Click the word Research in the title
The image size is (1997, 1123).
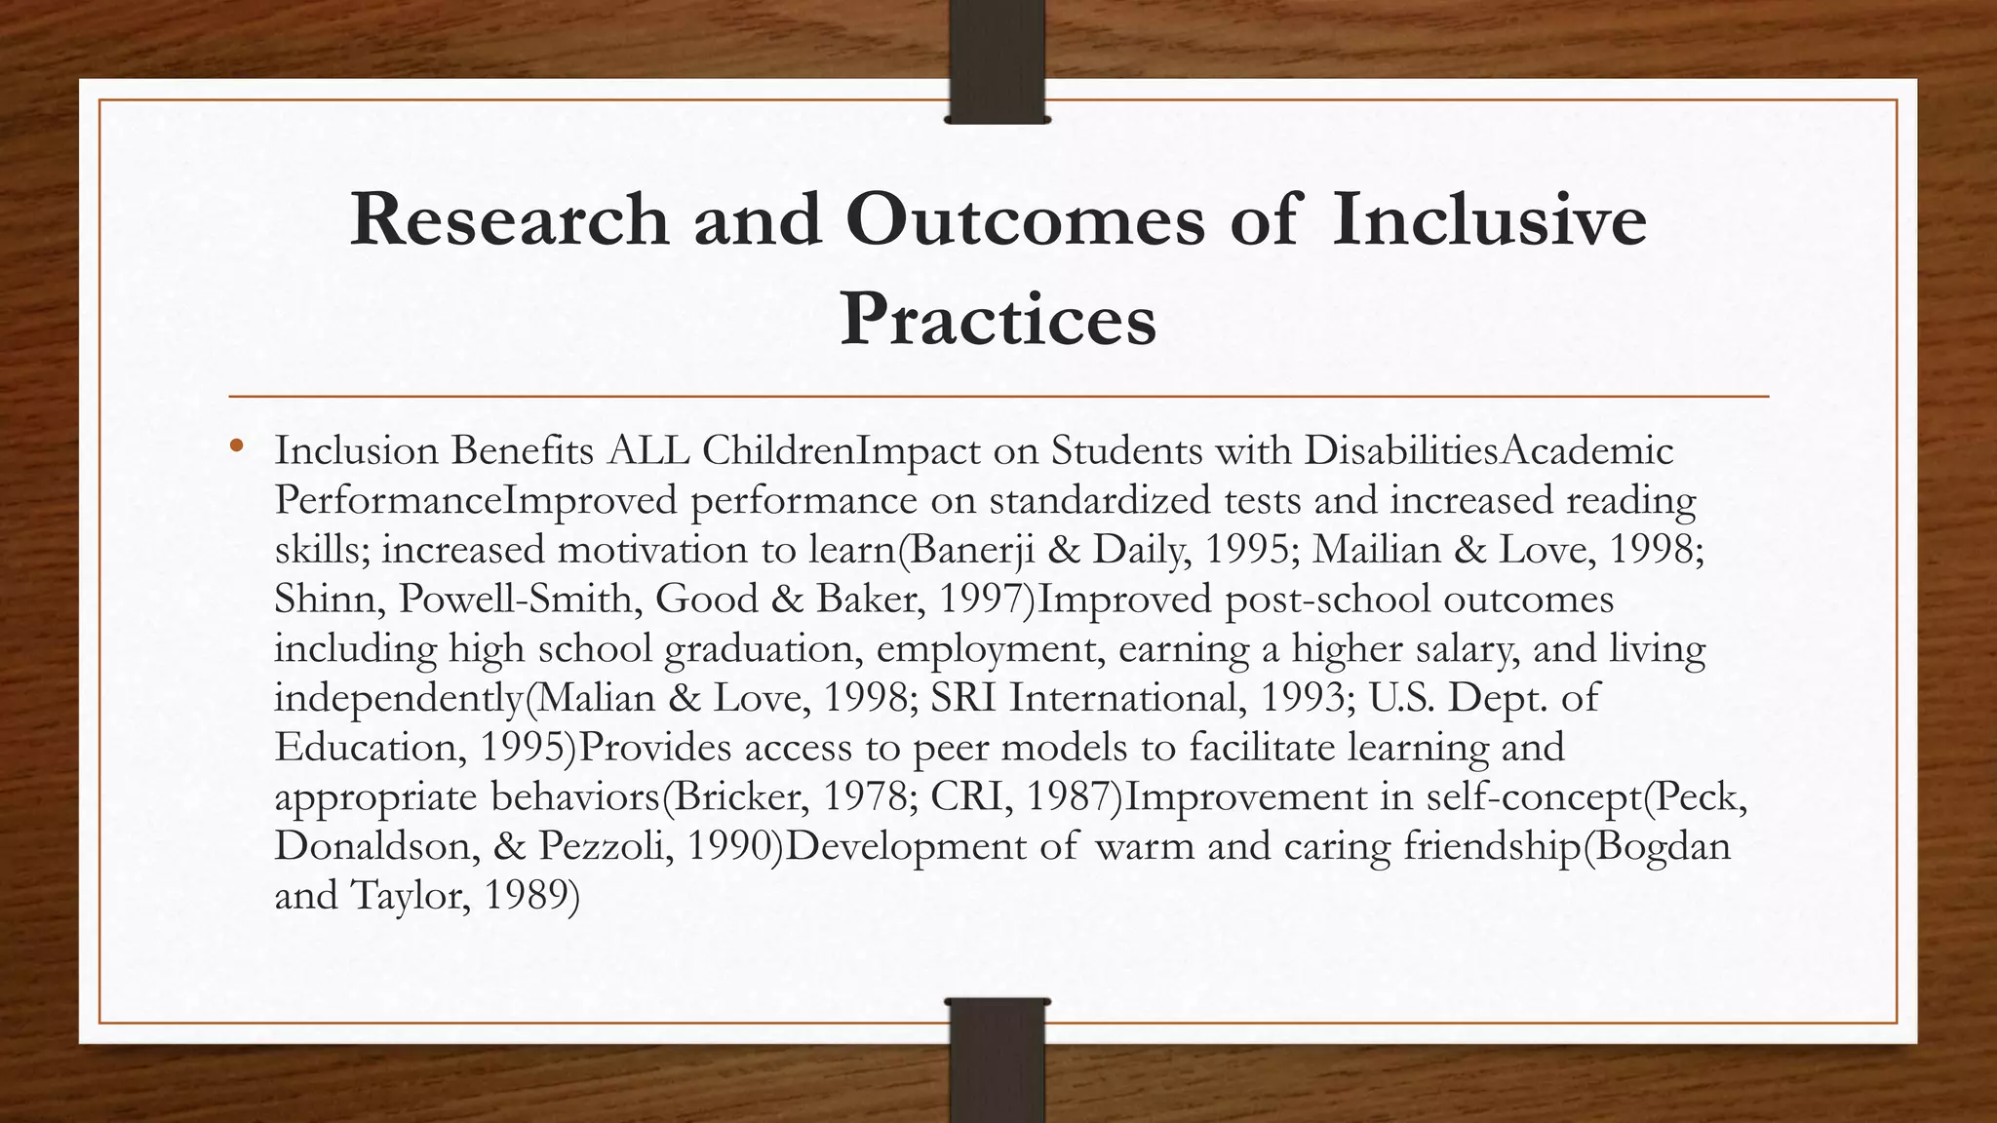509,219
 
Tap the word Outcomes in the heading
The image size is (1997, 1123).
1025,219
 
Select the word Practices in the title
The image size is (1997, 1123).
998,320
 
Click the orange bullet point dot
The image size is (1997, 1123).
236,447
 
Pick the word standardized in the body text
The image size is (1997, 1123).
1144,500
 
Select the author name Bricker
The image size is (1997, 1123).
739,797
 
